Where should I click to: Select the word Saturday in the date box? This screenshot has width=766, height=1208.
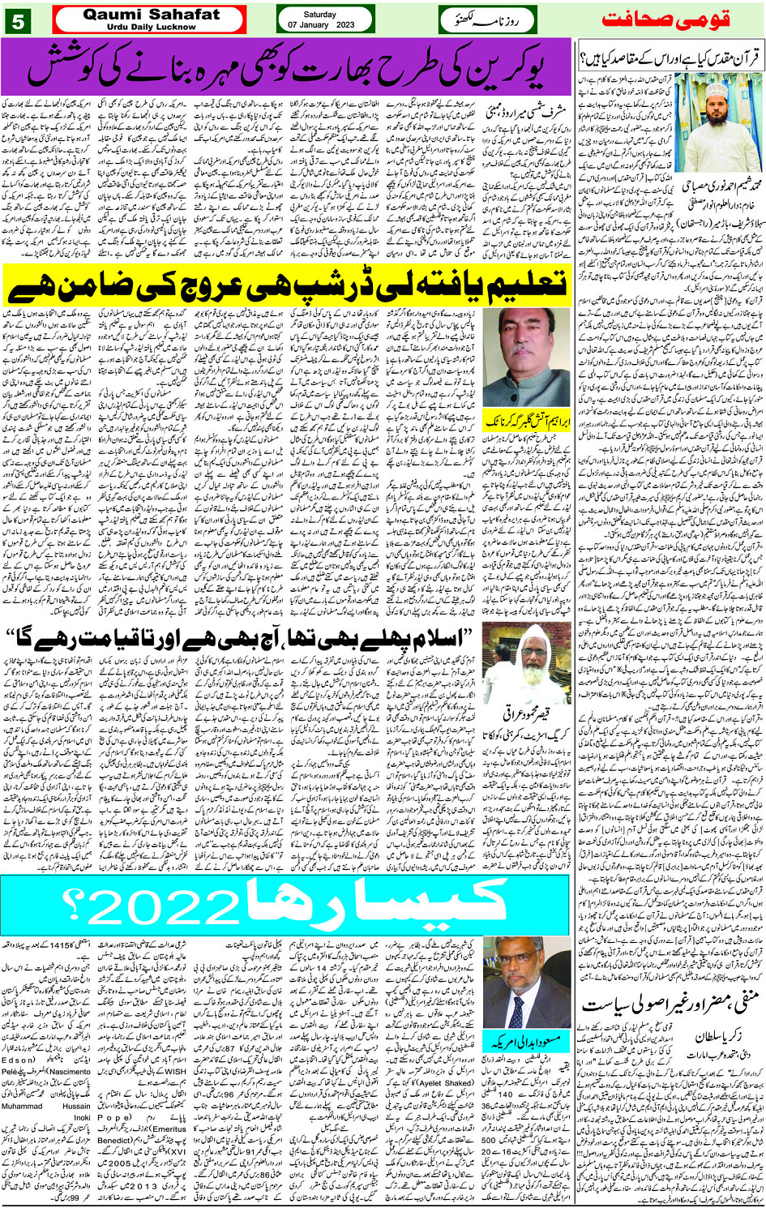(x=325, y=14)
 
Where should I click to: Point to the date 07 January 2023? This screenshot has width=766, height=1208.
(x=325, y=25)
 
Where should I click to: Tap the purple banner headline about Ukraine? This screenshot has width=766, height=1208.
(x=285, y=66)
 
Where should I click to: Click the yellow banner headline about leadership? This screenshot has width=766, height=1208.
(x=285, y=284)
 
